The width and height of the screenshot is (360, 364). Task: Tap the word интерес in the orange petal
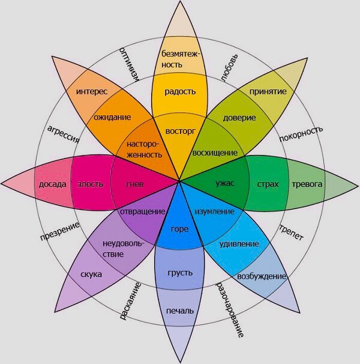tap(92, 92)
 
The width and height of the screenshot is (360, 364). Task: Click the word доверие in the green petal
tap(239, 117)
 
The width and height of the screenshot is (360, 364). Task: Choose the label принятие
tap(267, 92)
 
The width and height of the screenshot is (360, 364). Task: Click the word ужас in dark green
tap(225, 183)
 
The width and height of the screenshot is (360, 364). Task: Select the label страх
tap(268, 183)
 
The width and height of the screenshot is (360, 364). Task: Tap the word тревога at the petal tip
tap(307, 183)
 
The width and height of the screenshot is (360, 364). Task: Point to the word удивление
tap(239, 244)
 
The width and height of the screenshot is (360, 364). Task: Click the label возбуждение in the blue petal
tap(262, 276)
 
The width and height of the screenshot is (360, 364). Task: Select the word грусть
tap(180, 273)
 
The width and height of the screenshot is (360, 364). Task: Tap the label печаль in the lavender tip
tap(180, 311)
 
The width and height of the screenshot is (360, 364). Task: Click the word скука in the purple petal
tap(91, 275)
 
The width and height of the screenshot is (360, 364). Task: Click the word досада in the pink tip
tap(52, 183)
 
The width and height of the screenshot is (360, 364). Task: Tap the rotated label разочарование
tap(230, 307)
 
